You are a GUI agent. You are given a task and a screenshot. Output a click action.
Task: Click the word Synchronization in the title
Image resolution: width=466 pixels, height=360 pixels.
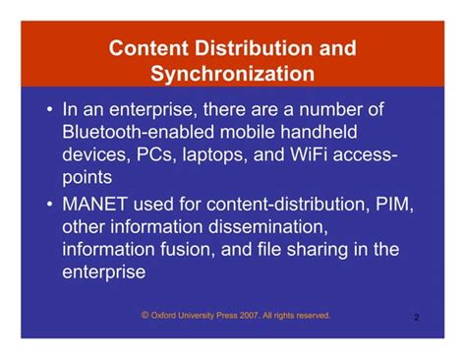point(233,74)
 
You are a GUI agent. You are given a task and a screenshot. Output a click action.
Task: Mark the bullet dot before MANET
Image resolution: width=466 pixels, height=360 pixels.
point(48,204)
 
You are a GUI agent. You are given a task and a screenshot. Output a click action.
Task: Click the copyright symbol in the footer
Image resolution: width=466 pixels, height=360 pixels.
point(146,316)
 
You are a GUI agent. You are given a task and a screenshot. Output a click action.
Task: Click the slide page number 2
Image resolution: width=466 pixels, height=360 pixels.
point(417,318)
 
